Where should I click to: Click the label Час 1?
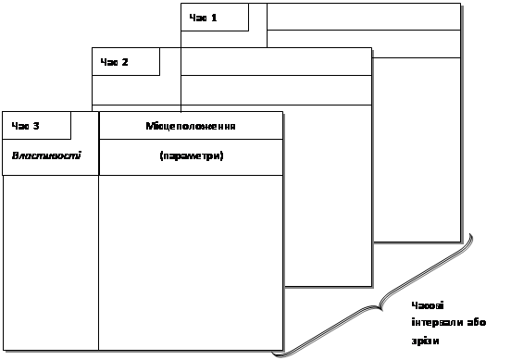tap(203, 18)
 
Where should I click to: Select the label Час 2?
tap(115, 62)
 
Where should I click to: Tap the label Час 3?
tap(25, 126)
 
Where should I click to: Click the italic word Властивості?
tap(46, 155)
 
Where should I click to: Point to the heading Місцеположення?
tap(191, 126)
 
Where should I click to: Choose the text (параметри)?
tap(192, 155)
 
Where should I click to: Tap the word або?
tap(477, 323)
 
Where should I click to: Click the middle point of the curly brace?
tap(380, 305)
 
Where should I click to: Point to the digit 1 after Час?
tap(214, 18)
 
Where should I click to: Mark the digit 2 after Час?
tap(125, 62)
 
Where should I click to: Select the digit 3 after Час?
tap(36, 126)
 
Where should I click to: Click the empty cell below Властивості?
tap(51, 263)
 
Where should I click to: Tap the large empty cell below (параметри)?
tap(191, 263)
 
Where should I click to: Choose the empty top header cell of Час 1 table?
tap(364, 17)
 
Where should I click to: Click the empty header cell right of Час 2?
tap(276, 62)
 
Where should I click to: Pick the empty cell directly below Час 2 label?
tap(136, 91)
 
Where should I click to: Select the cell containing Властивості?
tap(51, 157)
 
